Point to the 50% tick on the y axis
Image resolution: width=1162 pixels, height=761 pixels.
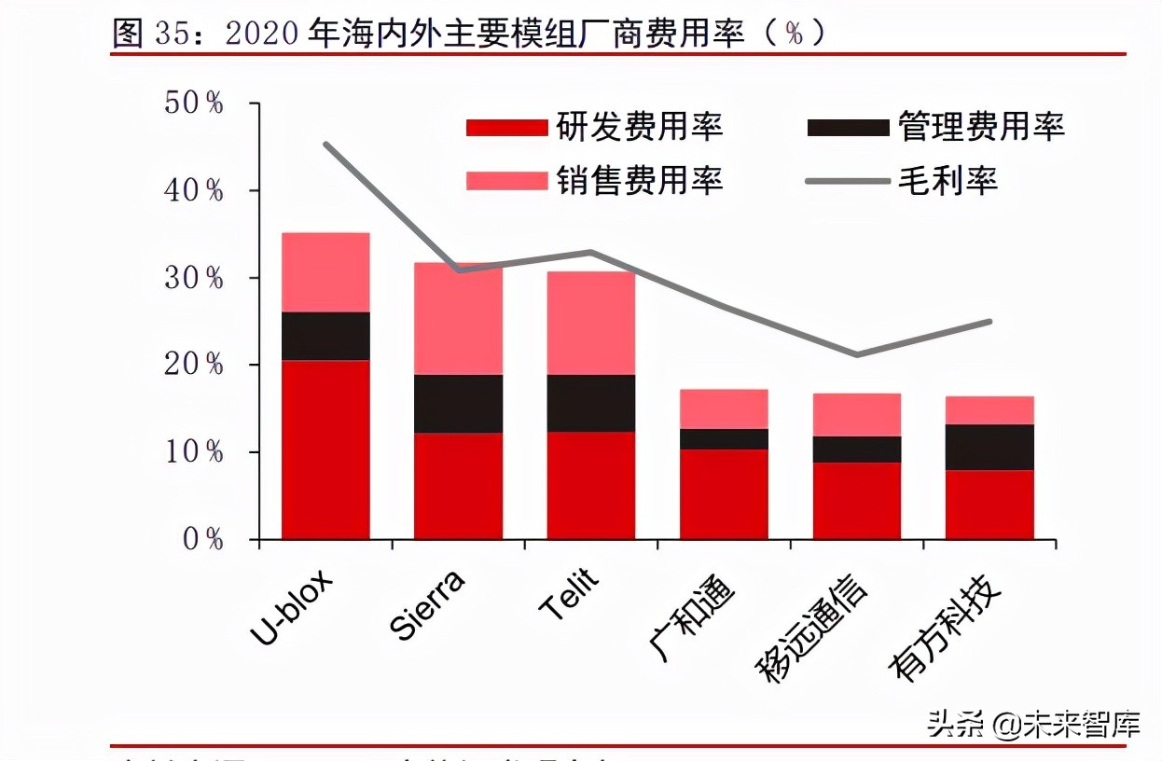tap(195, 103)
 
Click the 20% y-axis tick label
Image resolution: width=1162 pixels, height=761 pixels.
tap(195, 365)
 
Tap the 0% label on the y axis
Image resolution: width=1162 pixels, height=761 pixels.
tap(201, 540)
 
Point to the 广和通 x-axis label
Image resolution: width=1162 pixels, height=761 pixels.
tap(692, 616)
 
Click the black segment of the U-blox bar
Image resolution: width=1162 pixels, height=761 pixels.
tap(325, 336)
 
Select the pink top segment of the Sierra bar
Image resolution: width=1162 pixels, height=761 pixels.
tap(458, 319)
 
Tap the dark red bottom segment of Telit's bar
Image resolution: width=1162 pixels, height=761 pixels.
tap(590, 485)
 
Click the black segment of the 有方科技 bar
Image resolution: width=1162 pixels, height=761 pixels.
tap(989, 447)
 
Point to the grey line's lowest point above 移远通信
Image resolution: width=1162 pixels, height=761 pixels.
tap(856, 354)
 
